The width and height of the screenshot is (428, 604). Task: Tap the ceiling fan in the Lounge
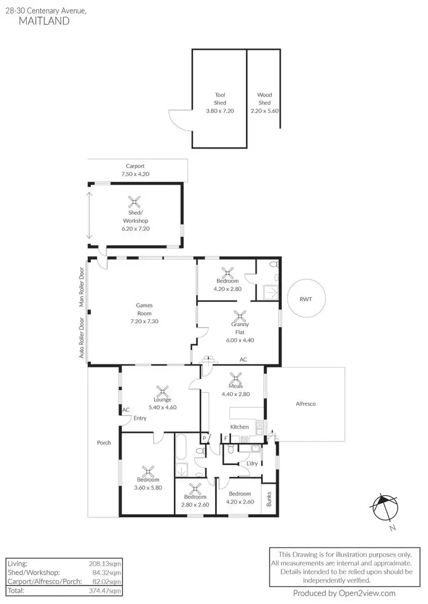coord(163,391)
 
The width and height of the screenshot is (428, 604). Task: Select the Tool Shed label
coord(220,99)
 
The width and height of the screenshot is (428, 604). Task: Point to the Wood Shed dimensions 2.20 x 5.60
coord(264,111)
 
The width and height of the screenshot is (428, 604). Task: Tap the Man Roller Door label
coord(82,288)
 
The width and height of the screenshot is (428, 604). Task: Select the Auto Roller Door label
coord(82,338)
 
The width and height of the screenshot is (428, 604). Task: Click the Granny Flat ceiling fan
coord(241,315)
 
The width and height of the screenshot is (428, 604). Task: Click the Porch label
coord(104,443)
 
